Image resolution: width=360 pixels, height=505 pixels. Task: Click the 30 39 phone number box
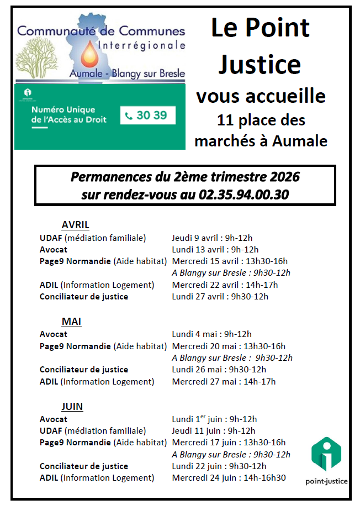click(x=147, y=115)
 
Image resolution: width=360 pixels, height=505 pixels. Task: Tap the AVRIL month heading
click(x=76, y=225)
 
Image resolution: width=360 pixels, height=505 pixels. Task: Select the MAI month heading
click(x=72, y=322)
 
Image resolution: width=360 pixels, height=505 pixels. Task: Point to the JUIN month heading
click(x=72, y=407)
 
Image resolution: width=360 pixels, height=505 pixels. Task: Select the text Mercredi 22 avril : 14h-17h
click(x=225, y=285)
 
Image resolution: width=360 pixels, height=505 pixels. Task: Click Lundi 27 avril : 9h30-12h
click(x=220, y=297)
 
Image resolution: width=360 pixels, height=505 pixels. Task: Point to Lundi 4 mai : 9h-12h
click(x=211, y=334)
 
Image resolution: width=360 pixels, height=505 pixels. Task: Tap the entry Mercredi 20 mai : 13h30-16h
click(x=229, y=346)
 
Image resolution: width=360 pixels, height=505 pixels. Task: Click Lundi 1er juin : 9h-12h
click(x=214, y=419)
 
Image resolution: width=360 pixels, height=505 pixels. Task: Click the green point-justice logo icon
click(x=326, y=454)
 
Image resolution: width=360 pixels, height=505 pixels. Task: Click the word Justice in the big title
click(x=260, y=64)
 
